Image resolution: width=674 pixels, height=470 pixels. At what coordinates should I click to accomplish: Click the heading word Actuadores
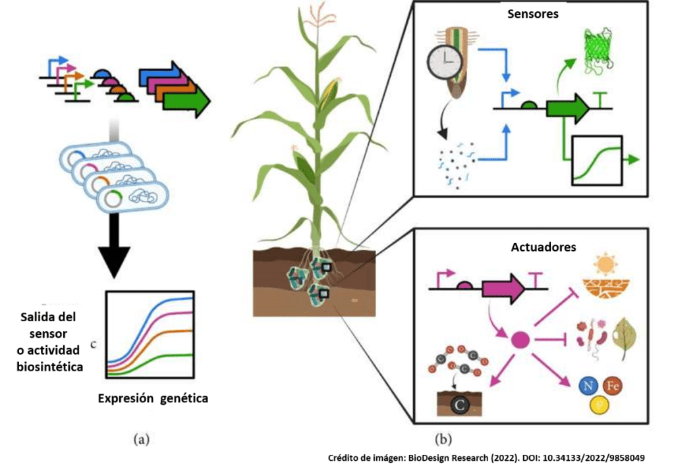click(544, 248)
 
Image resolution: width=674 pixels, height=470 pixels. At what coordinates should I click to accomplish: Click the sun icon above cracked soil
click(603, 265)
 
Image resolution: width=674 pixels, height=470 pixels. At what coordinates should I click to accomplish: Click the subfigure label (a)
click(140, 436)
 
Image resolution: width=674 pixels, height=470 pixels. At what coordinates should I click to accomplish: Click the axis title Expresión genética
click(153, 398)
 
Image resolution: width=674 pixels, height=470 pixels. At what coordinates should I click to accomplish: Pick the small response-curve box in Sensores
click(597, 160)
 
